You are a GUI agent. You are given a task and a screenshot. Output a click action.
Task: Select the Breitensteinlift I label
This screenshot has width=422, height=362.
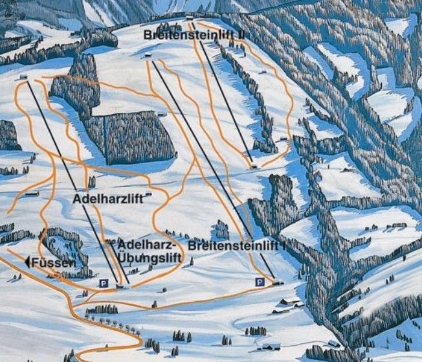pos(236,246)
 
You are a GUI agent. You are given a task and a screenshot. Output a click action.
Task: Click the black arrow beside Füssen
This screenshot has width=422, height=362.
pos(28,262)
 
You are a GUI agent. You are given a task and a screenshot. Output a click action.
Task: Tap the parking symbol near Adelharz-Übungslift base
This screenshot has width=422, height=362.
pos(102,283)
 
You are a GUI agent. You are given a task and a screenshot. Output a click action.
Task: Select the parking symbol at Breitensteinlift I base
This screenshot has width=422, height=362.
pos(259,282)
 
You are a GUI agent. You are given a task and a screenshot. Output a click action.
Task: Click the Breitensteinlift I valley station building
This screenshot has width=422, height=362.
pos(278,282)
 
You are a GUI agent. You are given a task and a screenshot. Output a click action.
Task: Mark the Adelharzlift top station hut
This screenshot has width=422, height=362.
pos(24,78)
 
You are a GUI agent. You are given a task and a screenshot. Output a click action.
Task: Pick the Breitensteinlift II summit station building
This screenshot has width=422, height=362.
pos(189,17)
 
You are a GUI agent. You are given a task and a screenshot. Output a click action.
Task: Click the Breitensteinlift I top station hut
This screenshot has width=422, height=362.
pos(148,56)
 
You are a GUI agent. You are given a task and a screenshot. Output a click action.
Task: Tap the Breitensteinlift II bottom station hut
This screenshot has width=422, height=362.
pos(254,166)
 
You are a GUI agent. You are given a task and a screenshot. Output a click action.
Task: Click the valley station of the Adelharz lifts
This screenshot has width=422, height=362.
pos(120,285)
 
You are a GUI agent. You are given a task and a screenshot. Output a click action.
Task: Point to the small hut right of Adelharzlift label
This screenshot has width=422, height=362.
pos(149,194)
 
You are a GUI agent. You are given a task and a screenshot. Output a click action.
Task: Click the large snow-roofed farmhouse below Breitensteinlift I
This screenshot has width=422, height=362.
pos(289,302)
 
